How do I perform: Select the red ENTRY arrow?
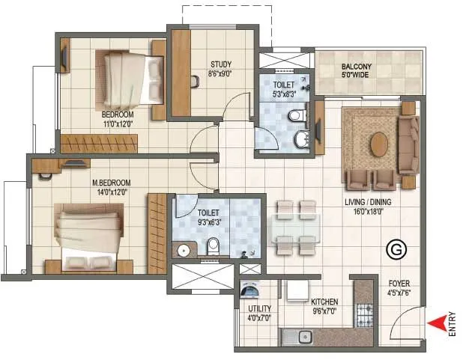click(433, 323)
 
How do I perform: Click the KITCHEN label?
click(325, 302)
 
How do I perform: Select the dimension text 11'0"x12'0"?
click(118, 124)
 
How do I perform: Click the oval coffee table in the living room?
click(379, 144)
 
